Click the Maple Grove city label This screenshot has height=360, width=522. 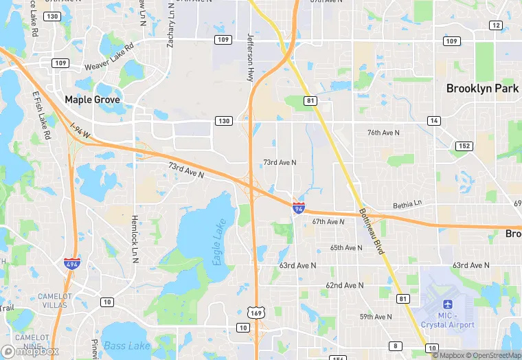(92, 100)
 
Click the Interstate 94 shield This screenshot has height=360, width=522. (298, 207)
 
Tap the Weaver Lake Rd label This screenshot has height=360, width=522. (109, 65)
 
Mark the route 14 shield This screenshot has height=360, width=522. (433, 120)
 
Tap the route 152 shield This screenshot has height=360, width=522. (465, 146)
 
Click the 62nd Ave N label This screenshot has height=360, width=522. (343, 284)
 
